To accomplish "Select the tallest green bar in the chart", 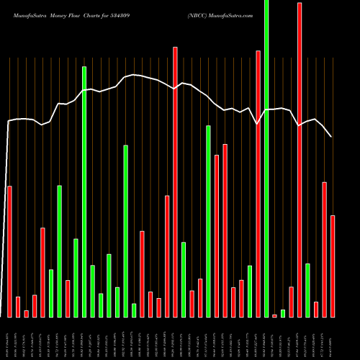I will pos(266,158).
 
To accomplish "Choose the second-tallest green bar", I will pos(84,192).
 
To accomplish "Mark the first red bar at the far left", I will pos(9,251).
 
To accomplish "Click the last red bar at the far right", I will pos(333,266).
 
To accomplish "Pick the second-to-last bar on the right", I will pos(324,249).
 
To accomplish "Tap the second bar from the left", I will pos(18,307).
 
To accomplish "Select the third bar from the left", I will pos(26,313).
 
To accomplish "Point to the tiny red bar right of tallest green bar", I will pos(274,315).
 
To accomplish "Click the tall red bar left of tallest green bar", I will pos(258,184).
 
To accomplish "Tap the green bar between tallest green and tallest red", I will pos(283,313).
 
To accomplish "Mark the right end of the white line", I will pos(331,137).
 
